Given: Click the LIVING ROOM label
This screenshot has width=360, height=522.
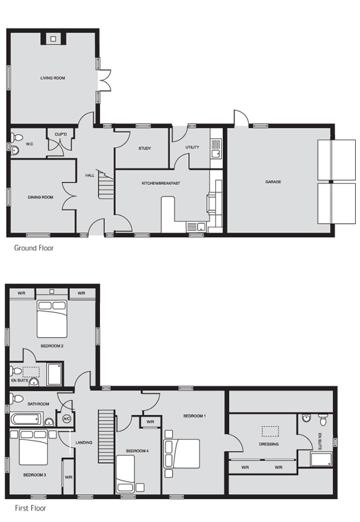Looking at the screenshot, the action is coord(53,78).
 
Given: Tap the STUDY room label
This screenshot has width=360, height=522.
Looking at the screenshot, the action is coord(145,149).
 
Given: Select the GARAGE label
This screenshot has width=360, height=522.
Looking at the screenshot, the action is coord(273,182).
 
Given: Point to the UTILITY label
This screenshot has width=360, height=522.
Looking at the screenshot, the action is coord(192,147).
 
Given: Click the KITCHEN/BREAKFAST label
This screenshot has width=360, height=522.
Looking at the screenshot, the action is coord(161,184).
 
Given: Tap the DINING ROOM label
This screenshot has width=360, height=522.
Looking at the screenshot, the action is coord(41,198).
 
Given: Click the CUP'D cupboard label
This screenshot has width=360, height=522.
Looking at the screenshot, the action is coord(61,135).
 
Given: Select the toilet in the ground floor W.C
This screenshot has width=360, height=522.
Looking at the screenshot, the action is coord(16,137).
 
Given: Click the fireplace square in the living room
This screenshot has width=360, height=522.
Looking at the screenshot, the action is coord(53,39).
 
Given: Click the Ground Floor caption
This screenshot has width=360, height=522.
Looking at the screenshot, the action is coord(33,248).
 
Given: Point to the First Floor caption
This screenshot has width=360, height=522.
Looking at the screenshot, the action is coord(30,508).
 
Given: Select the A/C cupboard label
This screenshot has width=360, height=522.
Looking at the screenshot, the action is coord(66,418).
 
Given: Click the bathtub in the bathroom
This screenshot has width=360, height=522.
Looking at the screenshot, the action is coord(27,419).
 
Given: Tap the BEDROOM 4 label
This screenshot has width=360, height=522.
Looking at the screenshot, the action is coord(137,451).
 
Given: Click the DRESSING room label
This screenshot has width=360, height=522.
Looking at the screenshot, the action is coord(268,444).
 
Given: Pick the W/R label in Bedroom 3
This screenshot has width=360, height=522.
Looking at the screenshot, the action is coord(68,477).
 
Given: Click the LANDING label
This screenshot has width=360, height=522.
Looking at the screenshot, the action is coord(84,443).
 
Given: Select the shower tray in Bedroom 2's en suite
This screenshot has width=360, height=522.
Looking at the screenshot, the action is coord(55,374).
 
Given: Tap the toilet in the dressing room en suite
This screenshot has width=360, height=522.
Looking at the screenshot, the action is coord(322,420).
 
